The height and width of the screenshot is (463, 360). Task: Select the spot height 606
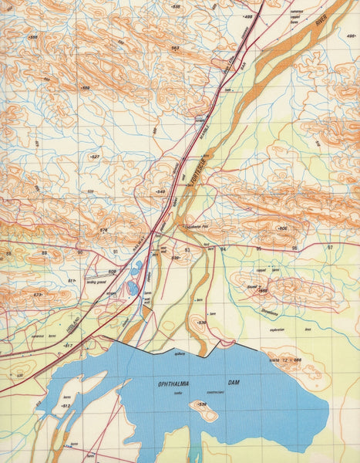(282, 229)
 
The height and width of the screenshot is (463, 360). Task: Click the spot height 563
(175, 48)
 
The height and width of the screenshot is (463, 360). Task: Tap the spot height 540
(160, 191)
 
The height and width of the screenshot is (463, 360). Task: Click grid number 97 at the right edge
(329, 248)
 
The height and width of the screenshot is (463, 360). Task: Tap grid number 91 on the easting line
(116, 252)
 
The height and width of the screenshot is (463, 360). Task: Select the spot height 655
(262, 292)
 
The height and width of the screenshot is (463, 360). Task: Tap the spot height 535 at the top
(176, 6)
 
